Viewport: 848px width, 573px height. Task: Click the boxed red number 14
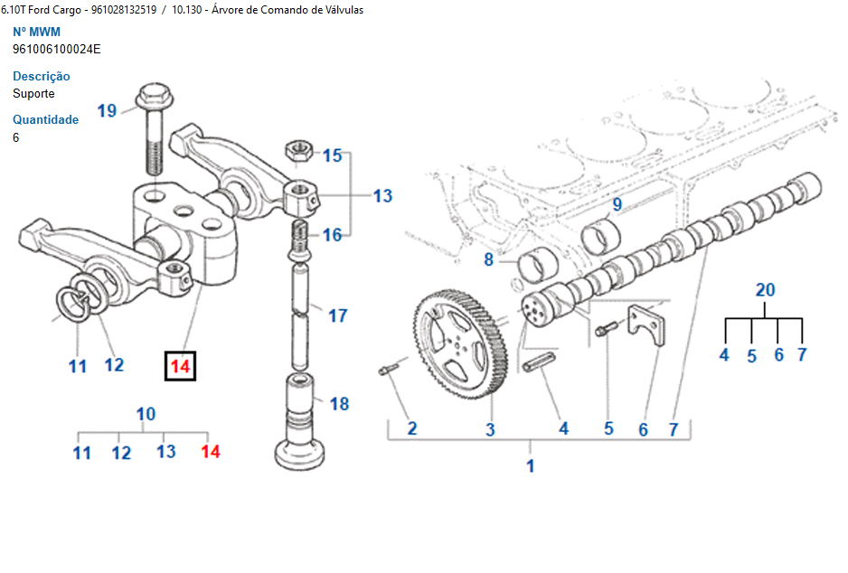click(180, 366)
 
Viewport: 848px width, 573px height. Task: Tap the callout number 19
click(107, 110)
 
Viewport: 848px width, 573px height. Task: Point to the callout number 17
click(337, 315)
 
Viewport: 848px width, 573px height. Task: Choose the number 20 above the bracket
click(765, 290)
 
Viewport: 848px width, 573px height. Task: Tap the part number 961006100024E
click(57, 49)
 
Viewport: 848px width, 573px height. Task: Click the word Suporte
click(33, 93)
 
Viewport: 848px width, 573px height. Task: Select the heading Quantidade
click(45, 119)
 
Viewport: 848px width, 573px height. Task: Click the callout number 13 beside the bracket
click(382, 195)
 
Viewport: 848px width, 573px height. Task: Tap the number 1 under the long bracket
click(531, 466)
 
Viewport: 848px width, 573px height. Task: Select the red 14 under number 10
click(211, 451)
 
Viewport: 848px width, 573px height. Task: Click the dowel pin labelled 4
click(537, 370)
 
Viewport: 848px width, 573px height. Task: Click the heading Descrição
click(42, 76)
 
